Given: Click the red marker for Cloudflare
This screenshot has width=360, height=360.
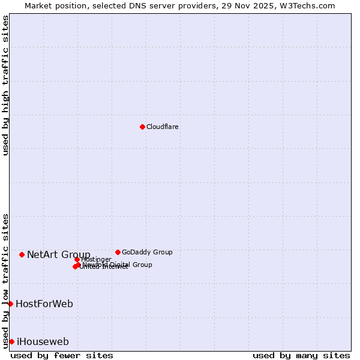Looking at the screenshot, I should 142,127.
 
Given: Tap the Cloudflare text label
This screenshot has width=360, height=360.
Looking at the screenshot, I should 163,127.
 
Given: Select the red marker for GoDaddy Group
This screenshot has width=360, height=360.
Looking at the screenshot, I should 118,252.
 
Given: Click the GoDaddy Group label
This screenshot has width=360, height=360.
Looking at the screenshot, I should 147,252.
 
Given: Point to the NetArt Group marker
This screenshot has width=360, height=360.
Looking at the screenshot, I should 22,254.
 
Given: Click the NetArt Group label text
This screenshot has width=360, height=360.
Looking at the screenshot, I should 59,255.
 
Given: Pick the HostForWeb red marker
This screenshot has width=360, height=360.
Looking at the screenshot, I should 10,304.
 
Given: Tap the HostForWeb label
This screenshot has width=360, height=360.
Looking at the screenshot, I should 44,304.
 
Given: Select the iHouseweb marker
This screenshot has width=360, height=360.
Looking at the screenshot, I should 11,341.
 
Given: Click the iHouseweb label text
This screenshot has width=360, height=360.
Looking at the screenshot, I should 43,342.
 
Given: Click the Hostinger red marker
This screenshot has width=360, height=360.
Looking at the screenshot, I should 77,259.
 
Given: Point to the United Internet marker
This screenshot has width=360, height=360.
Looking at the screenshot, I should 75,267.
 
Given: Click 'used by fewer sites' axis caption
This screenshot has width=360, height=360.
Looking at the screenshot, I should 62,355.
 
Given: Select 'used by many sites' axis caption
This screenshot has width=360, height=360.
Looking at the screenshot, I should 301,355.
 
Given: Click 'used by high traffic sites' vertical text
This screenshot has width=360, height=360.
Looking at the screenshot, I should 6,85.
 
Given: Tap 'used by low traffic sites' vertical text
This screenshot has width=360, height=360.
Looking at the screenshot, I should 6,281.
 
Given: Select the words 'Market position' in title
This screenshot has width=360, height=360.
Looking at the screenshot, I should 52,5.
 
